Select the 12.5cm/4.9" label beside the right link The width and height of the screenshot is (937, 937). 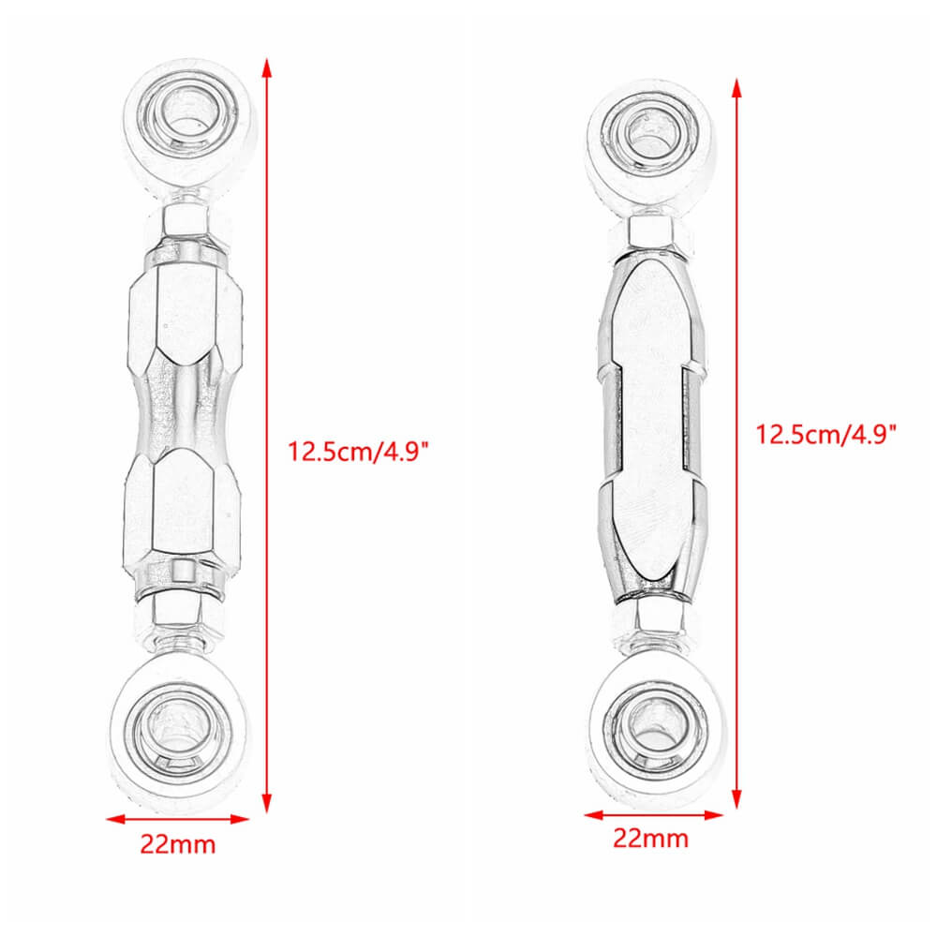tap(827, 434)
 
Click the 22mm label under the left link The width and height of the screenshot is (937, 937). tap(178, 844)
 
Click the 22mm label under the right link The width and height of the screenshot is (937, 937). tap(650, 838)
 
